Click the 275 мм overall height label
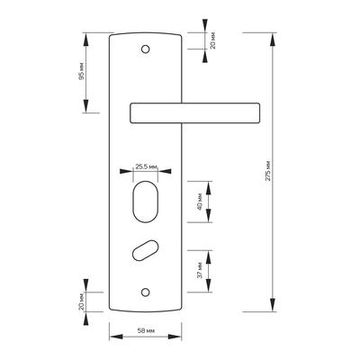(x=268, y=170)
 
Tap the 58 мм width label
(x=146, y=331)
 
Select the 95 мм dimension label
(x=81, y=72)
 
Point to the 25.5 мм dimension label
(x=146, y=166)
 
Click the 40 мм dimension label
(x=200, y=202)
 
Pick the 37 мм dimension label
(x=200, y=270)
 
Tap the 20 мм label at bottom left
(x=81, y=301)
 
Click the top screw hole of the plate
(x=146, y=49)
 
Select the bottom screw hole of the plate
(x=146, y=292)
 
